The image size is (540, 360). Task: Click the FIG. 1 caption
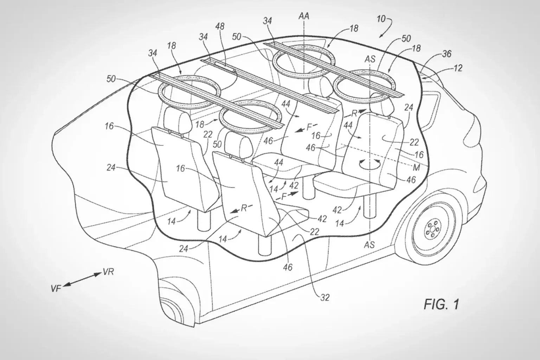pos(441,304)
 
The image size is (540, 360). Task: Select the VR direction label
pos(108,272)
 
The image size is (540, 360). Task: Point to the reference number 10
pos(381,19)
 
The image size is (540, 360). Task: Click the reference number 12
pos(458,68)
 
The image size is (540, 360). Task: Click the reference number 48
pos(221,27)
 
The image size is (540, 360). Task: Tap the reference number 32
pos(325,297)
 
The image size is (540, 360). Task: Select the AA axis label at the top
pos(304,17)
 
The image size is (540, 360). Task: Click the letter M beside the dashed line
pos(416,168)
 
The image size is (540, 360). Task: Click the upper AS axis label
pos(370,59)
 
